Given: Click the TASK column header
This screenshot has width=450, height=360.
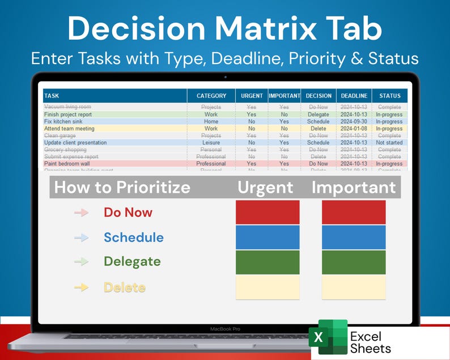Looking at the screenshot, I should [52, 96].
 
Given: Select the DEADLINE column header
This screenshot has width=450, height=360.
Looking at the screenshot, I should [354, 96].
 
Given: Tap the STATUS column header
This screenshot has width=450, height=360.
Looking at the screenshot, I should [389, 96].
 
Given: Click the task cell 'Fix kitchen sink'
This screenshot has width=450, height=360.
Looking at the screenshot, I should [63, 121].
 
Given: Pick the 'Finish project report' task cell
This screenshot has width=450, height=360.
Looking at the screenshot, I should [67, 115].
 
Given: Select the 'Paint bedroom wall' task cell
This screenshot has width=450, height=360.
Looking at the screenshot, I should [67, 164].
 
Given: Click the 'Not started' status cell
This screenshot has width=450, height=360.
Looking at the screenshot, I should [389, 143].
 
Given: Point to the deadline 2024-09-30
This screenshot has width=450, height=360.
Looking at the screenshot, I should [354, 121].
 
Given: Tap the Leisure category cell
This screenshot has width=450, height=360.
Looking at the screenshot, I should [211, 143].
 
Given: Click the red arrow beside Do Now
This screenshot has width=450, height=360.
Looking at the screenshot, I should [82, 213].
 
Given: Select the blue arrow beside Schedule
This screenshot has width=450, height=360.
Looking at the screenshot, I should [82, 238].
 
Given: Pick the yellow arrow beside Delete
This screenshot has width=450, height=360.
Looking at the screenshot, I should [82, 287].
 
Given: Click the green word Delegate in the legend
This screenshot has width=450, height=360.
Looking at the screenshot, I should [132, 262].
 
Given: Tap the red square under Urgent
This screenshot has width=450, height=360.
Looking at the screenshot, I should [268, 212].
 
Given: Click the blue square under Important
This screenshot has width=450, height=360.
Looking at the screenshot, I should [354, 237].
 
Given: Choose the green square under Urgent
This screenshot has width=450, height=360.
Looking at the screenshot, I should [268, 262].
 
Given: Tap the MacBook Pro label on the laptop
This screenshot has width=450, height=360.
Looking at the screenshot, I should [225, 329].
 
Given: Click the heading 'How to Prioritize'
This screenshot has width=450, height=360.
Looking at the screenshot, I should [122, 187].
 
